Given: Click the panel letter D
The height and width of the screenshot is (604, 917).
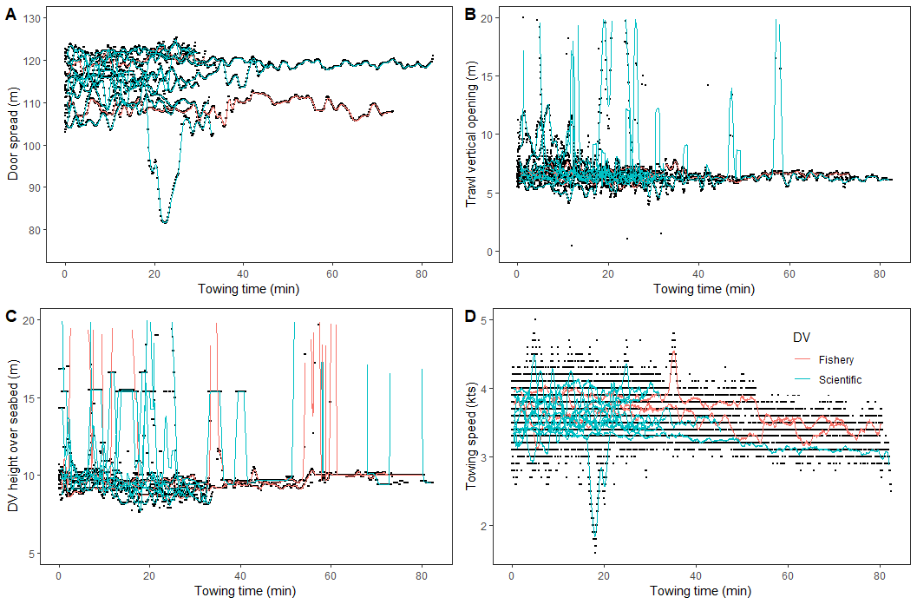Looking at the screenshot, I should pos(470,317).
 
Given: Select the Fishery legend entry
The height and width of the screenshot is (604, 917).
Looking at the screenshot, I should pos(836,359).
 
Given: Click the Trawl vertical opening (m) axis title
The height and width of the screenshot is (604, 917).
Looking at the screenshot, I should pos(471,135).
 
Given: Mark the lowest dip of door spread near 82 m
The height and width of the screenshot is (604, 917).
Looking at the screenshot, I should pos(163,222).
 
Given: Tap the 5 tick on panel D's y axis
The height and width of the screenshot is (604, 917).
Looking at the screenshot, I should pos(493,320).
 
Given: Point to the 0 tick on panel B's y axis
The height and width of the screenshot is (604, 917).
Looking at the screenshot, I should pos(493,252).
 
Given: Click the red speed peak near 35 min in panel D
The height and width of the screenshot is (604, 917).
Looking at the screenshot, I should pos(673,354).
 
